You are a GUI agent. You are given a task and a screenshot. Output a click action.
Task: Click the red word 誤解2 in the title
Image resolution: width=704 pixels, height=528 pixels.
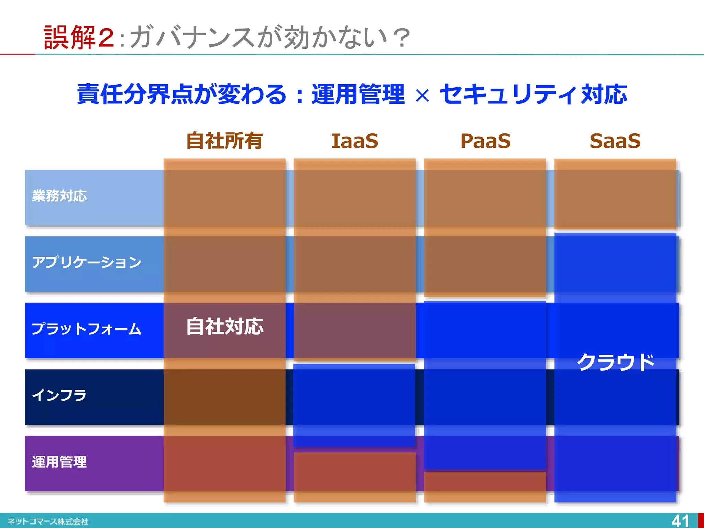coord(79,37)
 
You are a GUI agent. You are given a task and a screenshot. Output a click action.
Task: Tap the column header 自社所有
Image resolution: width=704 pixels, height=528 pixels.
coord(224,141)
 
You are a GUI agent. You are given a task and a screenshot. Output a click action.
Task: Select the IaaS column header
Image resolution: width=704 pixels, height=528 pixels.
coord(355,141)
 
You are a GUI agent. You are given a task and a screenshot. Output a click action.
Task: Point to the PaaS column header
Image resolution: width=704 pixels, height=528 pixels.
coord(485,141)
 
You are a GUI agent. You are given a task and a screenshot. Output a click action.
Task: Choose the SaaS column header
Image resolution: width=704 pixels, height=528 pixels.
coord(615,141)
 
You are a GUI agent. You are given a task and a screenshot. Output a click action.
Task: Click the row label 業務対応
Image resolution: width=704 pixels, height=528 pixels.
coord(59,196)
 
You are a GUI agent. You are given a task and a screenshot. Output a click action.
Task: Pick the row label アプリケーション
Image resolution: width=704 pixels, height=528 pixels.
coord(87,262)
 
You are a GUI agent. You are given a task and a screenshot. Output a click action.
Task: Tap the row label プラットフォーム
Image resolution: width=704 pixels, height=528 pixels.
coord(87,329)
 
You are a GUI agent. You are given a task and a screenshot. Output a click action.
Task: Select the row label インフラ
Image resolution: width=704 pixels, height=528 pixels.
coord(59,395)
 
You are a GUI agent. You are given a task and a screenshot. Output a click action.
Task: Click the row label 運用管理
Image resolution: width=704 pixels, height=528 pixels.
coord(59,462)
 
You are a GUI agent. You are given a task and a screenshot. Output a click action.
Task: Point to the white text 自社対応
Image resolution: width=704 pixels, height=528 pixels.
coord(225,327)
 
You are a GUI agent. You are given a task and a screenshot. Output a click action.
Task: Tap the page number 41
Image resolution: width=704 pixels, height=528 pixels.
coord(680,521)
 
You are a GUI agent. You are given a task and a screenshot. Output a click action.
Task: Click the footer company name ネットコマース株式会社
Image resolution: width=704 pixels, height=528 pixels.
coord(48,521)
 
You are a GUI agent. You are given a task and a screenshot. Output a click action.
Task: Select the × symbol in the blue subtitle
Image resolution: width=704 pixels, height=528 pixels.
coord(422,96)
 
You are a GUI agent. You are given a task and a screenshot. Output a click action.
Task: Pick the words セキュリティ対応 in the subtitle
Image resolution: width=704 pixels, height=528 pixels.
coord(533,94)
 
